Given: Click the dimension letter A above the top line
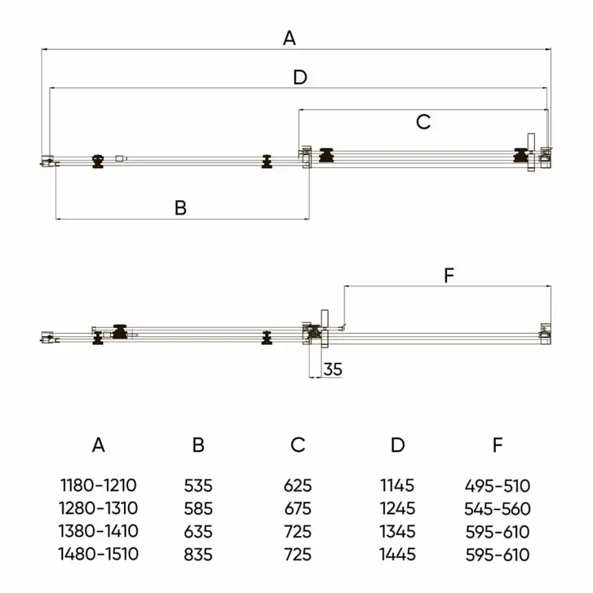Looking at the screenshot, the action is (x=290, y=38).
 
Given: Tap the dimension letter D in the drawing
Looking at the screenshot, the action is (x=301, y=77).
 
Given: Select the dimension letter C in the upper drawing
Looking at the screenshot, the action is (x=423, y=122).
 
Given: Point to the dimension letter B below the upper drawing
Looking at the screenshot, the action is (x=181, y=208).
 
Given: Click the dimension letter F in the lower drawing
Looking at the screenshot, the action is (x=449, y=275).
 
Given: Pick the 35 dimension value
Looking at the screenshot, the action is (x=333, y=369).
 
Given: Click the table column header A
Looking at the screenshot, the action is (x=99, y=445).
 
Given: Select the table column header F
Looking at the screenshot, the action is (x=498, y=445).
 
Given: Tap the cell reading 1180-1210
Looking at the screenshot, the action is (x=99, y=485).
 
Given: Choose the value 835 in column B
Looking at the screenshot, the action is (x=198, y=555).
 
